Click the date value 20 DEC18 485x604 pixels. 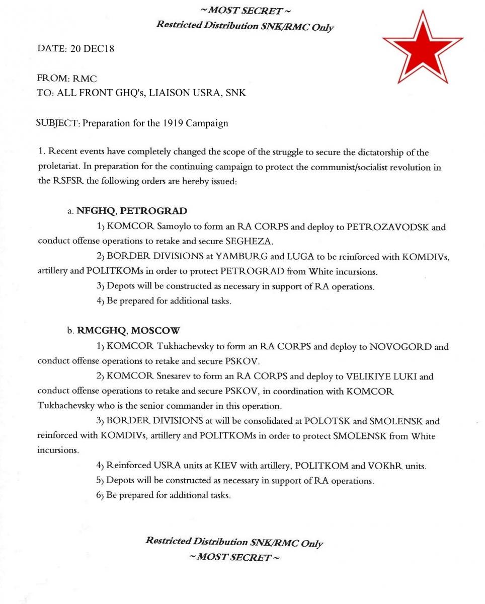point(89,49)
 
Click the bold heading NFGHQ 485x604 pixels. point(95,211)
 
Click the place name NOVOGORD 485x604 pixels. point(400,347)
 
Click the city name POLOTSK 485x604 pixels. point(328,421)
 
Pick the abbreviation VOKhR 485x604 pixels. point(387,466)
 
